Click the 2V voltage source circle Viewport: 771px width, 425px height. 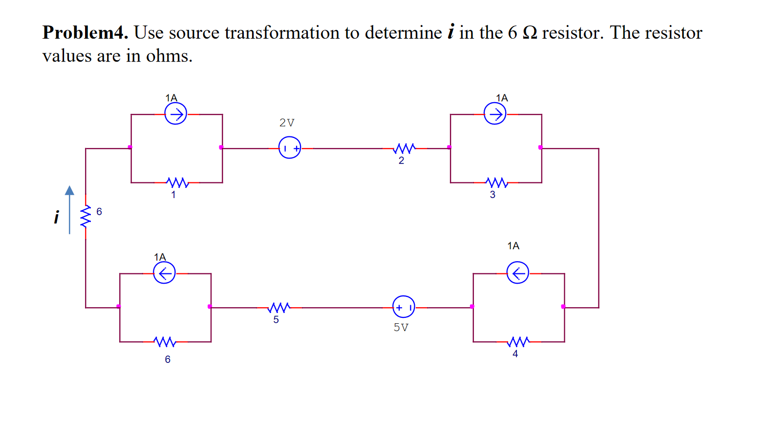pos(290,147)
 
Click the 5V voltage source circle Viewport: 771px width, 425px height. pos(404,307)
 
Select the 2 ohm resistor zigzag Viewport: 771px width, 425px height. pos(405,148)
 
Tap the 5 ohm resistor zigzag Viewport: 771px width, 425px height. pos(279,307)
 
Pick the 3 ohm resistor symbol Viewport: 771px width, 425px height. pos(497,182)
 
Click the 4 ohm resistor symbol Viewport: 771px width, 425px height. pos(519,341)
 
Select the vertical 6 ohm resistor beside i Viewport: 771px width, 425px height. pos(86,216)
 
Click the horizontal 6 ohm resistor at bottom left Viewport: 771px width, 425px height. pos(165,341)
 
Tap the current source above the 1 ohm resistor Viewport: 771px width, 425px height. pos(176,114)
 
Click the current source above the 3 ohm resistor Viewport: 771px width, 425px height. pos(495,114)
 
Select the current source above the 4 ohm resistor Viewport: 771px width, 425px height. pos(517,272)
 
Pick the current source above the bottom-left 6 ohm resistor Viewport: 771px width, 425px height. pos(164,272)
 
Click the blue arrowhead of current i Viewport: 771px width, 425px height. pos(70,191)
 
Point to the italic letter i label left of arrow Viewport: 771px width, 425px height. pos(56,217)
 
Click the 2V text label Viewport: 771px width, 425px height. pos(287,123)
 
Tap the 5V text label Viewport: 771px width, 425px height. pos(401,327)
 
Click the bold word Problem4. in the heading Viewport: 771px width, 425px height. pos(85,33)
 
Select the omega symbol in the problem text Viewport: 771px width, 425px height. pos(530,33)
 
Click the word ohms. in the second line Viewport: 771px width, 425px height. pos(169,56)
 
